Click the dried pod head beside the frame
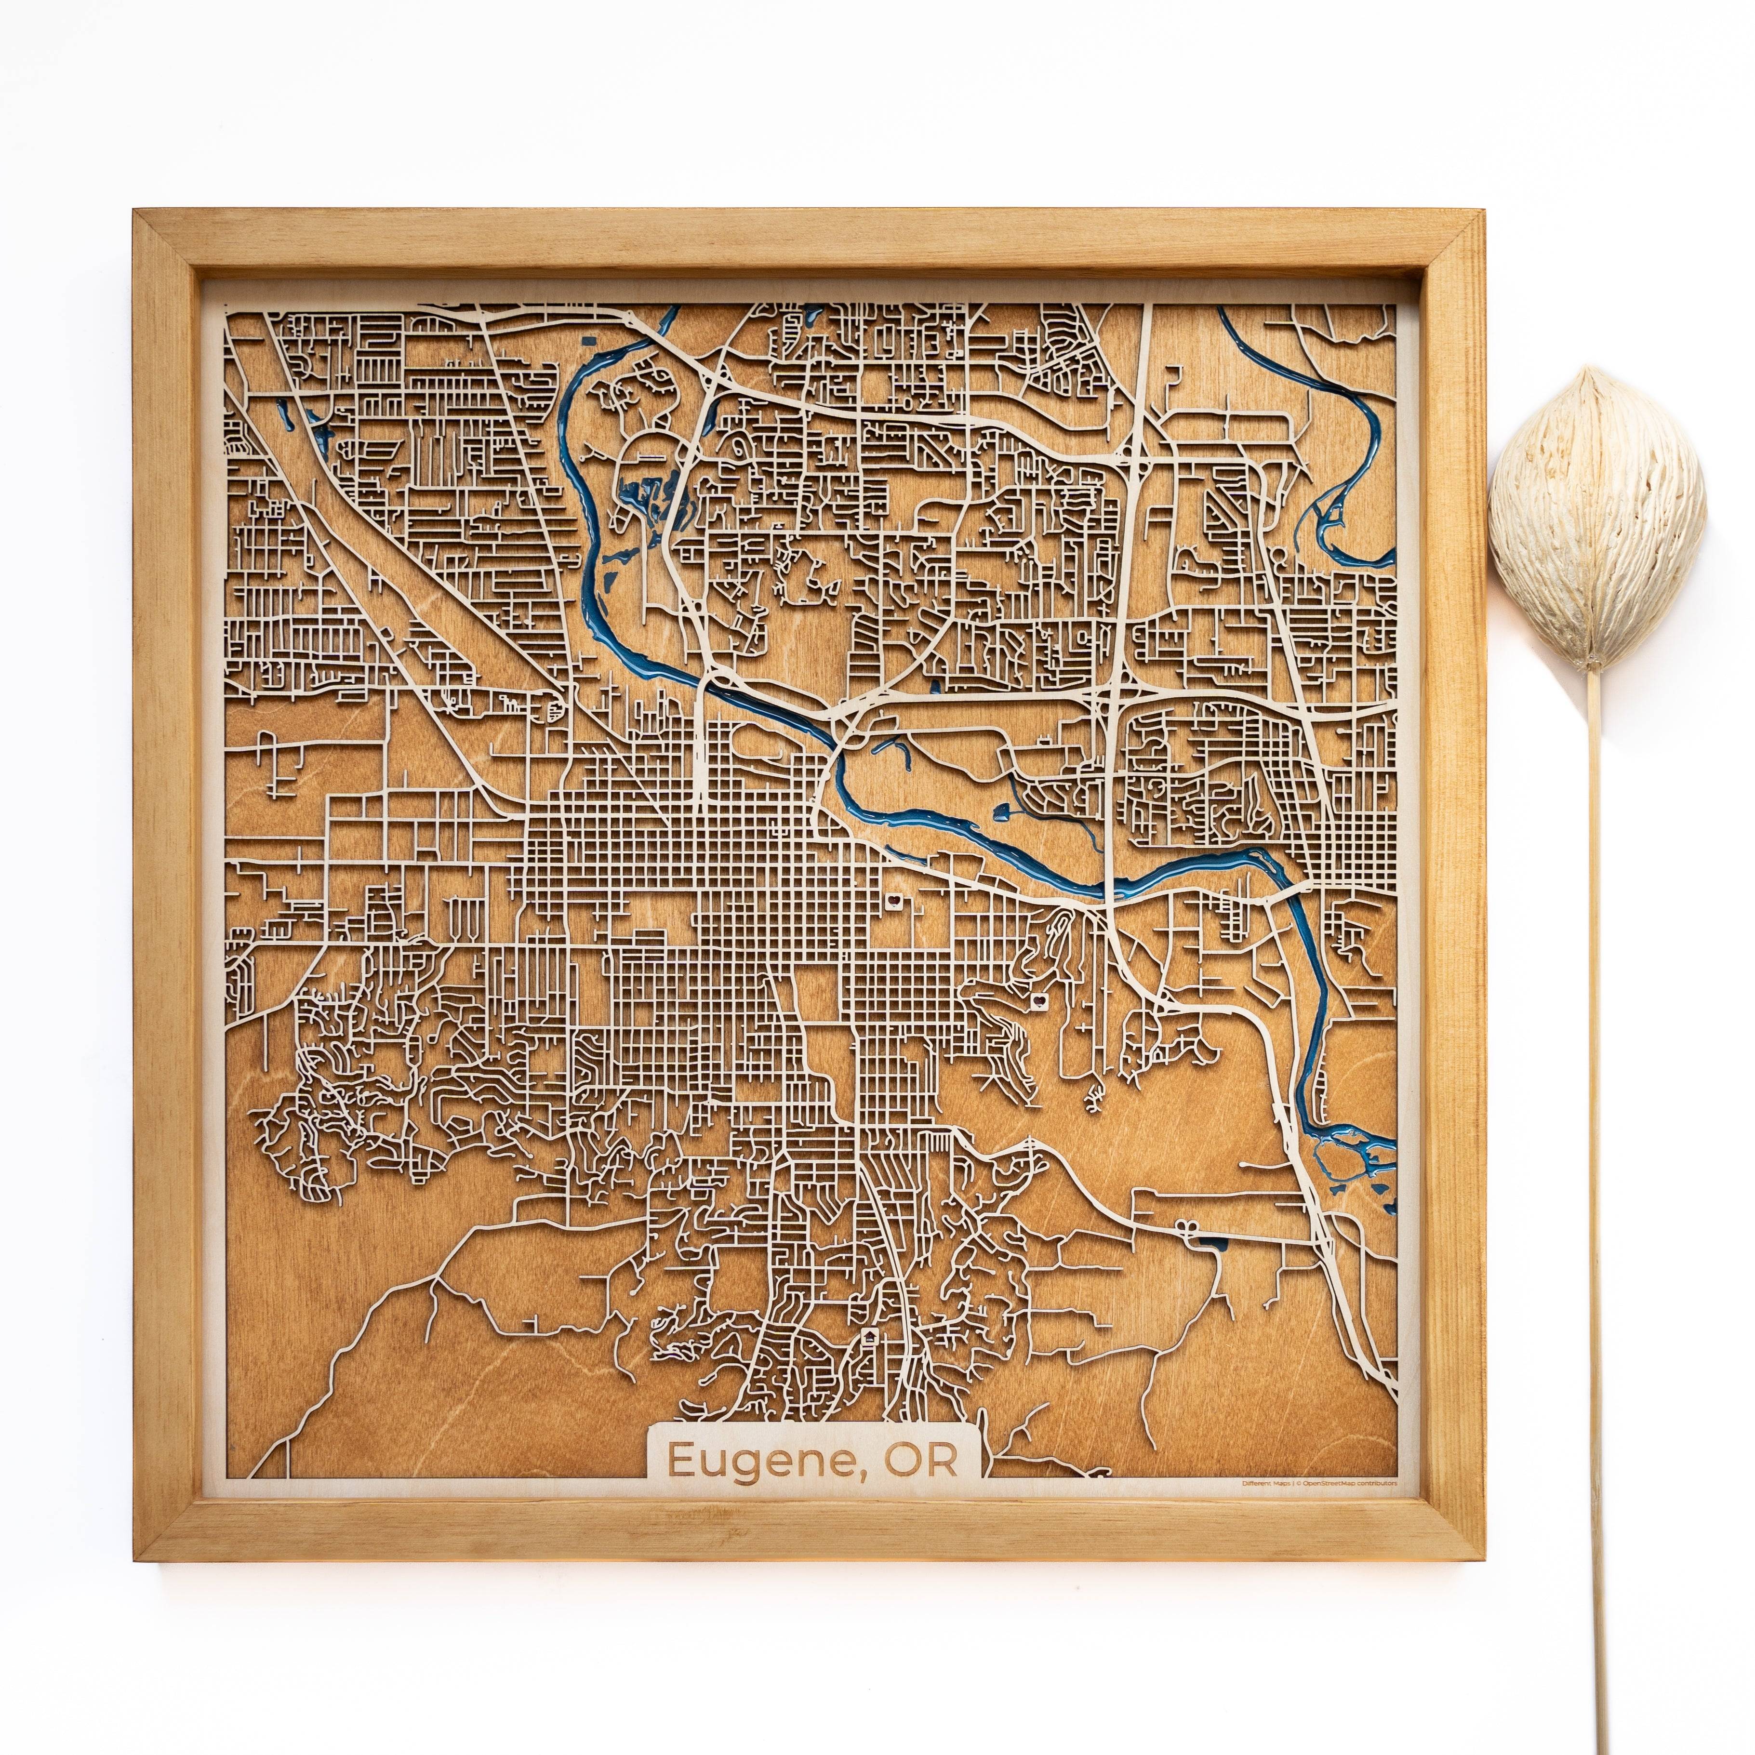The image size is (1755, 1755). coord(1597,509)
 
